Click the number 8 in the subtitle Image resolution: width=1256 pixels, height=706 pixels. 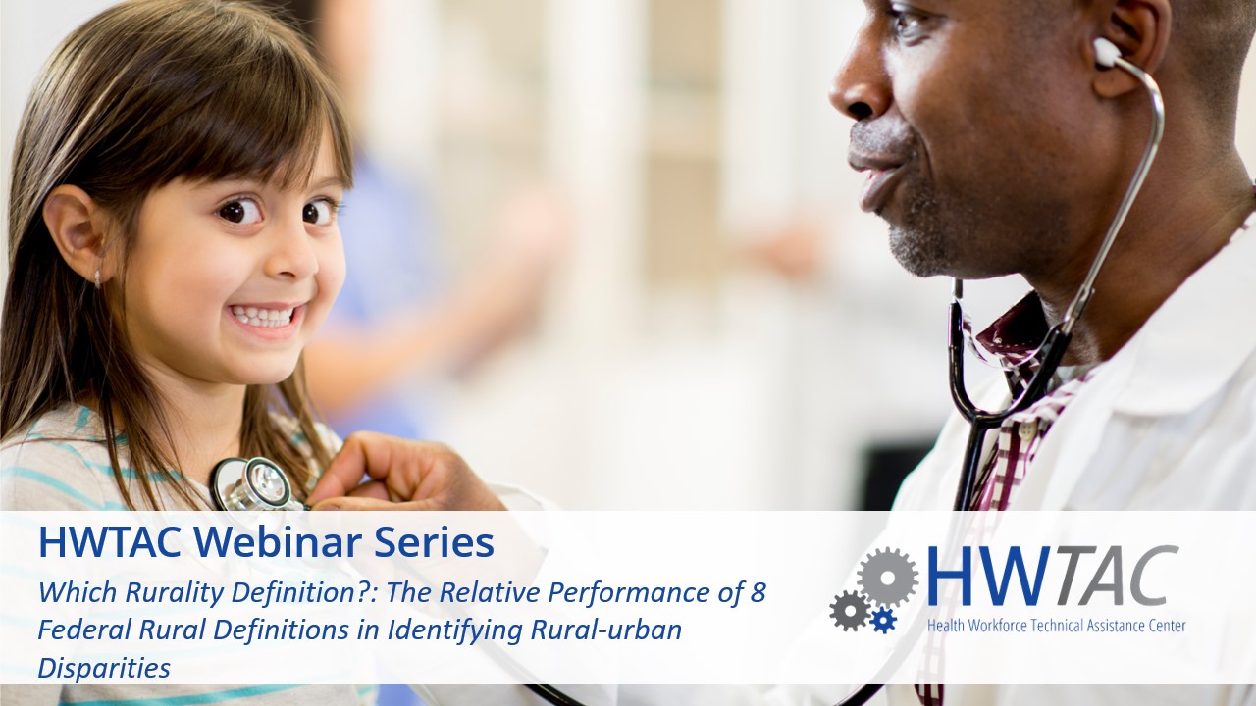(x=758, y=592)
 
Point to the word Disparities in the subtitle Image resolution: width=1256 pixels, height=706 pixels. (x=104, y=668)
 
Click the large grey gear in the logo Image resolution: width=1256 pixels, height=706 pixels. (x=887, y=578)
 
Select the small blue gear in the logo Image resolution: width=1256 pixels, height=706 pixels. (x=883, y=619)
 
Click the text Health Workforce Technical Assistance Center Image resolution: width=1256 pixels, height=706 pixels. (x=1056, y=625)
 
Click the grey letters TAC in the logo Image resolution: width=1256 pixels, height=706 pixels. (x=1123, y=576)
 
